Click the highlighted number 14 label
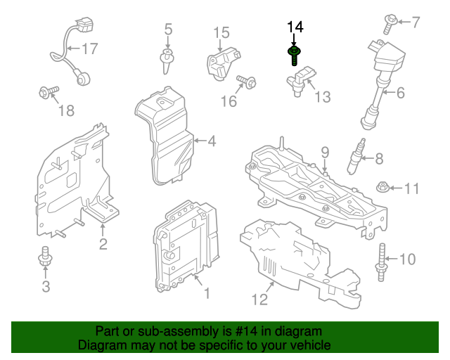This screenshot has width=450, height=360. click(x=295, y=27)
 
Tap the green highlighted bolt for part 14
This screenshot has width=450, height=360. click(x=294, y=54)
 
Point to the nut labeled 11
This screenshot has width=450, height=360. click(x=383, y=188)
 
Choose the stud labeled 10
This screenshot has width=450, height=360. click(x=382, y=259)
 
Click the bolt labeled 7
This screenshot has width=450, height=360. click(x=390, y=23)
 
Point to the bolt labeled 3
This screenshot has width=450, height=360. click(x=46, y=258)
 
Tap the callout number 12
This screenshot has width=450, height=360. click(x=260, y=300)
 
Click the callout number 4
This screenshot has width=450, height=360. click(x=211, y=141)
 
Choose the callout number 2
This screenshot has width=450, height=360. click(x=103, y=245)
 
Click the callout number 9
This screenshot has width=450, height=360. click(x=325, y=152)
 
